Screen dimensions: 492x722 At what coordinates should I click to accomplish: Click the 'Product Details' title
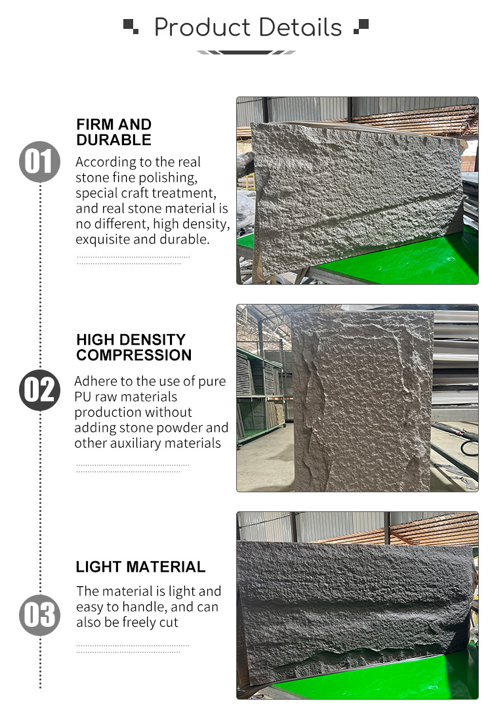point(247,27)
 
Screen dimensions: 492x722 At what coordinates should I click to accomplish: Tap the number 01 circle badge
point(39,161)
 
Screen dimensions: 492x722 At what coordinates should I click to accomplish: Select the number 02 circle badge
point(39,390)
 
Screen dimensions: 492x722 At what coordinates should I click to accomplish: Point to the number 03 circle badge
point(39,615)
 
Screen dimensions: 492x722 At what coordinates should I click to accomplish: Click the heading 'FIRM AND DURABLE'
point(113,132)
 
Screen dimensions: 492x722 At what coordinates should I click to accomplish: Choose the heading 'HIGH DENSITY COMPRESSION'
point(134,347)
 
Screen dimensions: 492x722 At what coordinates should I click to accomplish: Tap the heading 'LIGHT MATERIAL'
point(140,567)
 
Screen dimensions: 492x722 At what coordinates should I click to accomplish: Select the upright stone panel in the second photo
point(363,400)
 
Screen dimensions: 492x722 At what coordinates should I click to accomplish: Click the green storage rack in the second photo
point(260,396)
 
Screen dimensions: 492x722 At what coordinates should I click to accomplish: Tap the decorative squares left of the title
point(131,26)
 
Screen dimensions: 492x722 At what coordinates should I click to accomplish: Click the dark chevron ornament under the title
point(246,53)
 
